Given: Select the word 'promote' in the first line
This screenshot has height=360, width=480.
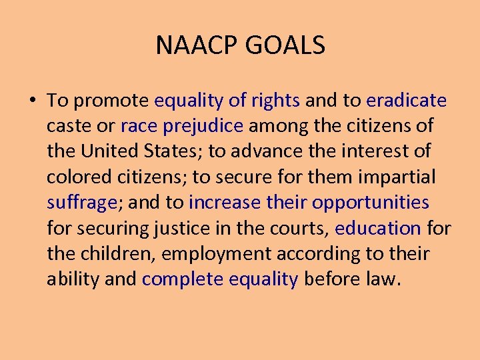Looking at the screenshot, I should (x=111, y=101).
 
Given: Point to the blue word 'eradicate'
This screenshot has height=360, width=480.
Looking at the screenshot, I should (x=407, y=101).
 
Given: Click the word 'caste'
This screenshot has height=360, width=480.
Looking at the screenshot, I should (x=65, y=126).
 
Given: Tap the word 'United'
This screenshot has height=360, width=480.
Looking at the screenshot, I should (x=111, y=151).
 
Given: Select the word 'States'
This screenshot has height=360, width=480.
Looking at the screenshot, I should (x=175, y=151).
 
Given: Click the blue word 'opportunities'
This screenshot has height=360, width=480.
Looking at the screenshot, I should (x=371, y=202).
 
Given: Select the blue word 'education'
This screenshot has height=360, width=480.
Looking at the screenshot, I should (x=378, y=228).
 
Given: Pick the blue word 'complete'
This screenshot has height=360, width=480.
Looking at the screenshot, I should (x=183, y=279).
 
